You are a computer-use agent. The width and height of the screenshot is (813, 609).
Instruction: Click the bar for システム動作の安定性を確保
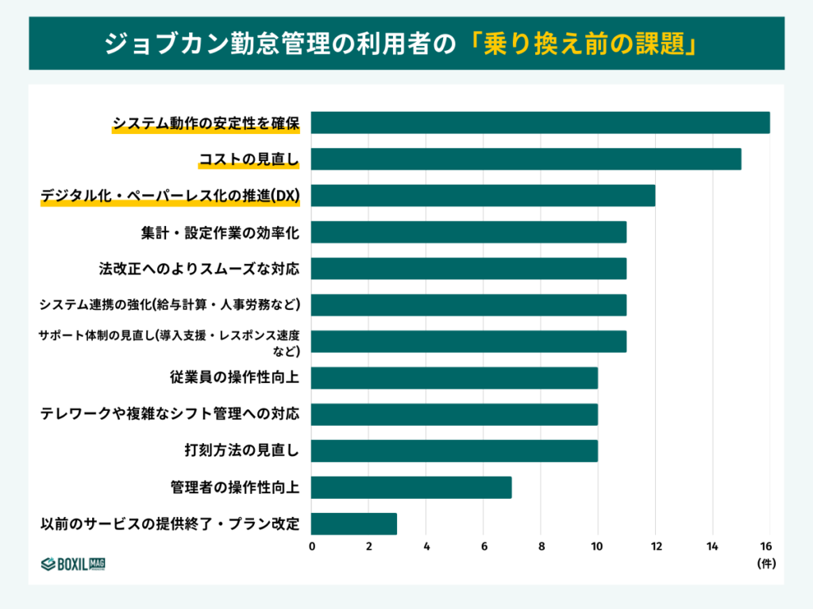[x=540, y=123]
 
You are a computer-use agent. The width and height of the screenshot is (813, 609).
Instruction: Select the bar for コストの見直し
[x=526, y=159]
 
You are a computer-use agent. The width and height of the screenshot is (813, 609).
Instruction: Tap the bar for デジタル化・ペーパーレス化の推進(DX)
[x=483, y=196]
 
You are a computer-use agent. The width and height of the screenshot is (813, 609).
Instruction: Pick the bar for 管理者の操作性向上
[x=410, y=488]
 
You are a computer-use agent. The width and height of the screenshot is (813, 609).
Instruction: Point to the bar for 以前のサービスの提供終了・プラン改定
[x=353, y=524]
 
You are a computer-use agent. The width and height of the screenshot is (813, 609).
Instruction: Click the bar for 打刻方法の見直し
[x=453, y=451]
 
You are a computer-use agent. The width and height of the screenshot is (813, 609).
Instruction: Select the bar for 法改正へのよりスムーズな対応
[x=468, y=269]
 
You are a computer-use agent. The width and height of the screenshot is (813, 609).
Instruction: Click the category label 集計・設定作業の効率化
[x=220, y=232]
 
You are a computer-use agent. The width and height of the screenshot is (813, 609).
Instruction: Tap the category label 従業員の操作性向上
[x=234, y=378]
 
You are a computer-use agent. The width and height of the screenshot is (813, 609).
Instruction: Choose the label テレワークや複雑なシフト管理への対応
[x=170, y=415]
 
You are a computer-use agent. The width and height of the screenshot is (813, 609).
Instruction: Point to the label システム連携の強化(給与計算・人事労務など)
[x=170, y=305]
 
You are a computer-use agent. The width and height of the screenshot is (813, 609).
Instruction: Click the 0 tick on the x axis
[x=311, y=546]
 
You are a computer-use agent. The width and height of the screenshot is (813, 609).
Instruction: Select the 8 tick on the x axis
[x=541, y=546]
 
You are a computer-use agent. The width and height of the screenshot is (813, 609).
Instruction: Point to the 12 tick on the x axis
[x=655, y=546]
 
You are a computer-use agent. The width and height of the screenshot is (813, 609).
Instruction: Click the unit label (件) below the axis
[x=765, y=564]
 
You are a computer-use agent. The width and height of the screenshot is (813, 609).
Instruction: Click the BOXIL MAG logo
[x=73, y=564]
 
